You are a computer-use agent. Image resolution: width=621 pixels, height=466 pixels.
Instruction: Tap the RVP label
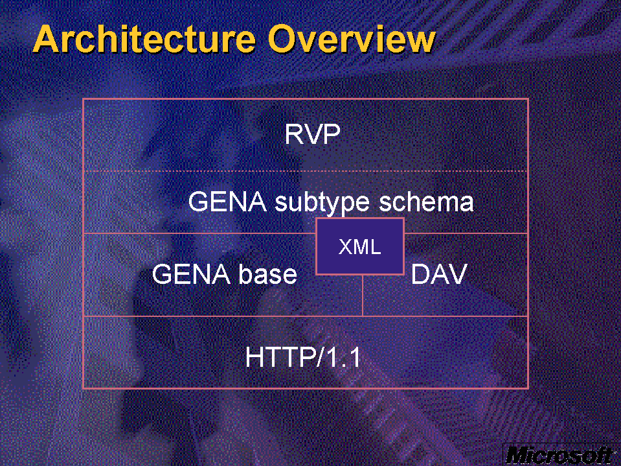click(313, 134)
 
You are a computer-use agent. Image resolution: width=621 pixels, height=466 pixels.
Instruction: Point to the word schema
click(426, 202)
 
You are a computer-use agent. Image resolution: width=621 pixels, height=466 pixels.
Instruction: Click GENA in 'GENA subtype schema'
click(227, 202)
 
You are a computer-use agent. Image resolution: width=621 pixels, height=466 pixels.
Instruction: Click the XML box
click(360, 246)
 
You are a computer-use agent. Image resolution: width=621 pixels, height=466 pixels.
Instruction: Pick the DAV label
click(439, 274)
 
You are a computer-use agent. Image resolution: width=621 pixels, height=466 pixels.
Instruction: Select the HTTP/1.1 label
click(303, 357)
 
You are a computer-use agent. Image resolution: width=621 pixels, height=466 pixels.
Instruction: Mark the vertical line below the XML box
click(363, 295)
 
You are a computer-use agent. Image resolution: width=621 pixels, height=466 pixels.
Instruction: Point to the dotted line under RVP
click(306, 171)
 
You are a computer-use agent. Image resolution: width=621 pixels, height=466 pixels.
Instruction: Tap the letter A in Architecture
click(47, 39)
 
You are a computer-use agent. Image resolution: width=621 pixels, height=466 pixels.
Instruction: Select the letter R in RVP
click(294, 134)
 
